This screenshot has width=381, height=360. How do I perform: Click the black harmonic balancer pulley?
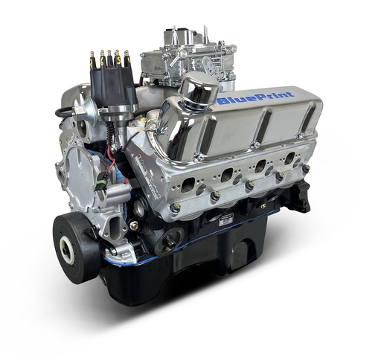pos(76,246)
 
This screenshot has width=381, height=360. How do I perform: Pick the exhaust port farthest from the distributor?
pos(289,158)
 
